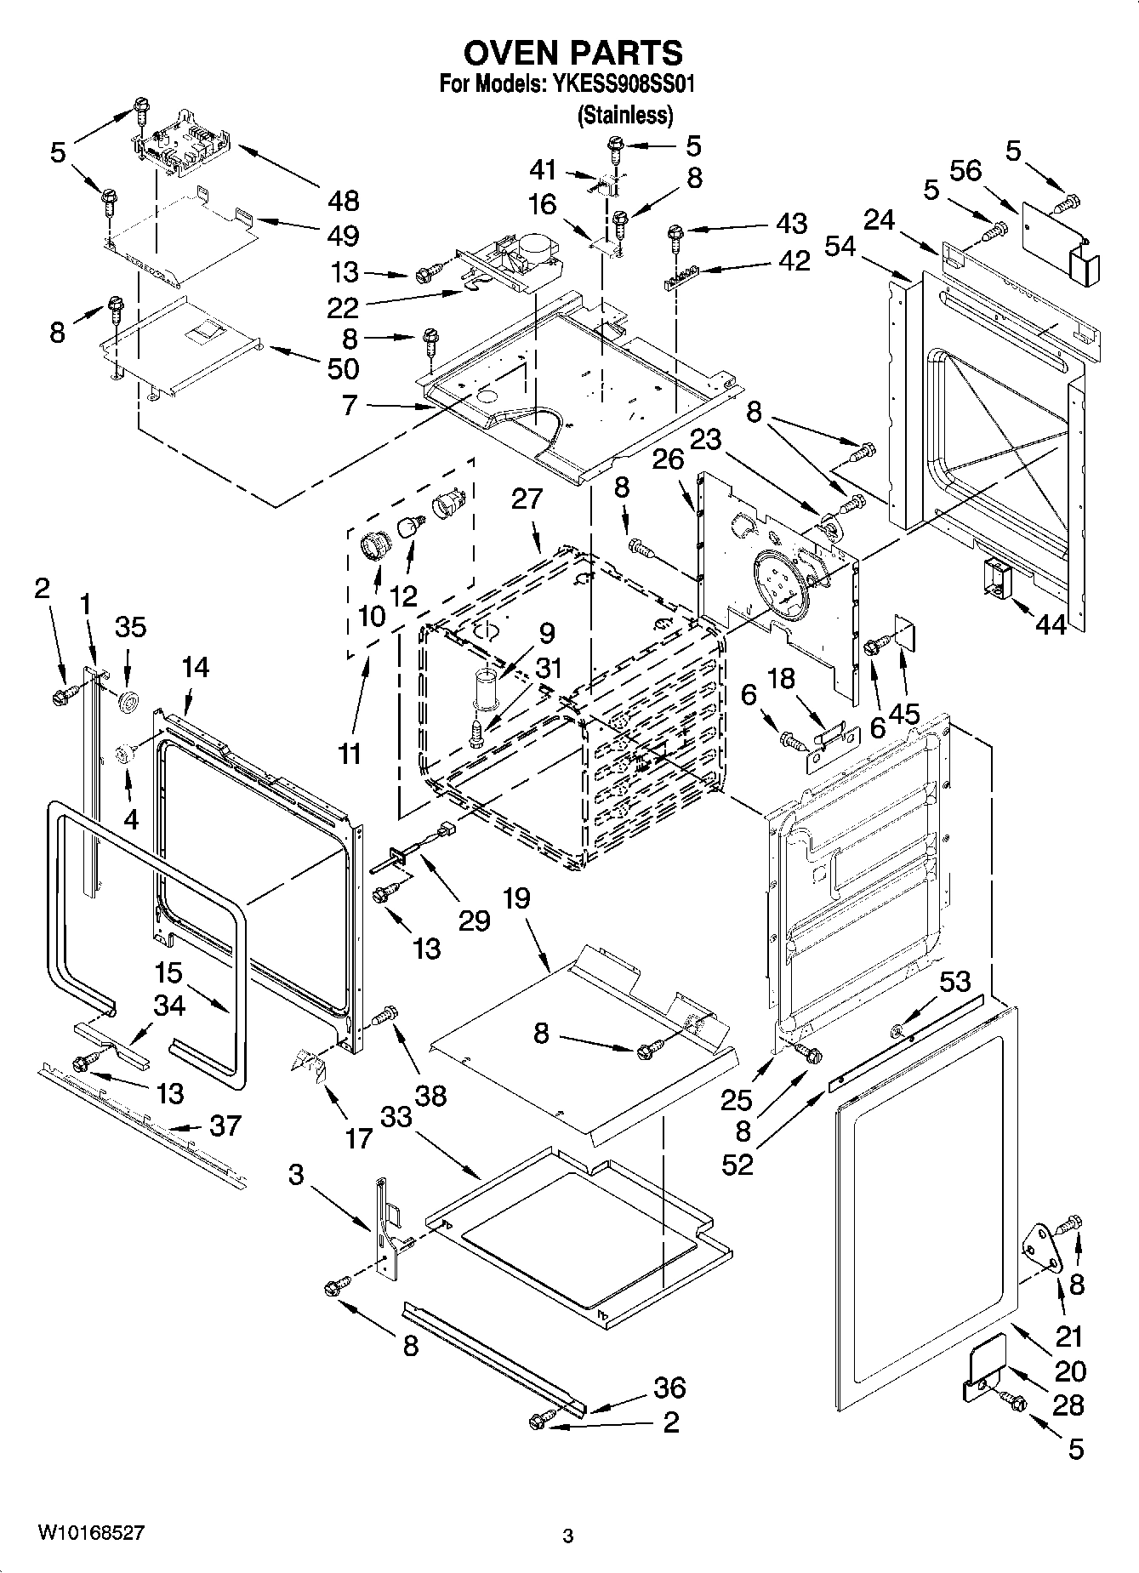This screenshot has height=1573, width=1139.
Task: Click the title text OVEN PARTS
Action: pyautogui.click(x=572, y=53)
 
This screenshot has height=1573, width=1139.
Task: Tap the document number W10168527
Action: pyautogui.click(x=90, y=1533)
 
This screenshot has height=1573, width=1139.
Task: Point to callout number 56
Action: pyautogui.click(x=965, y=170)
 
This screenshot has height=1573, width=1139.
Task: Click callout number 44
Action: pyautogui.click(x=1051, y=624)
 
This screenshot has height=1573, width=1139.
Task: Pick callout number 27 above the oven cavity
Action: pyautogui.click(x=527, y=499)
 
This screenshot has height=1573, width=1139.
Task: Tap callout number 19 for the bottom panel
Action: pyautogui.click(x=516, y=898)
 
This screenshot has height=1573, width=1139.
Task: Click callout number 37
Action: pyautogui.click(x=225, y=1126)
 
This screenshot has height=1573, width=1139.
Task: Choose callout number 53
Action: pyautogui.click(x=954, y=982)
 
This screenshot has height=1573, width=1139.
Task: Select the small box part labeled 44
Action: pyautogui.click(x=994, y=578)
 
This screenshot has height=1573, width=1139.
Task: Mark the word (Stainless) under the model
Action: pyautogui.click(x=625, y=115)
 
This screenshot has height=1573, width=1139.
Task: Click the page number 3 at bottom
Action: pyautogui.click(x=568, y=1536)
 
